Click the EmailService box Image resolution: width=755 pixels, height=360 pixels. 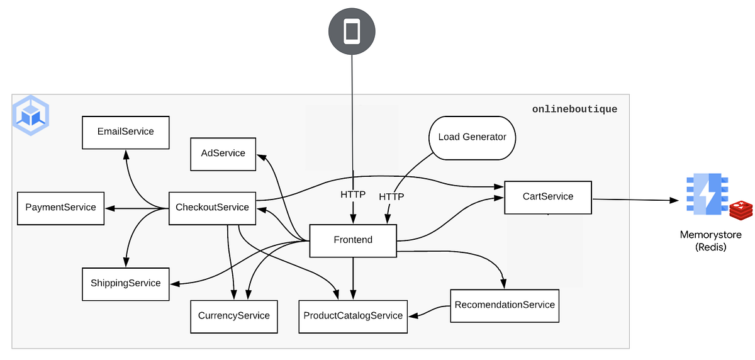click(126, 132)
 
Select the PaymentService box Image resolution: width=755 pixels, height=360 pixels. click(60, 208)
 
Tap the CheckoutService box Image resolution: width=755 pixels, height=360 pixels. click(212, 208)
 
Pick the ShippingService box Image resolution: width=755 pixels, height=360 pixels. click(126, 283)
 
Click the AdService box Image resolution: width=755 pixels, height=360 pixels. click(223, 154)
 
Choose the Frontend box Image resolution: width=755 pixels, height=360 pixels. click(353, 240)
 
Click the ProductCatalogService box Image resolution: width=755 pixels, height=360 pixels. click(353, 316)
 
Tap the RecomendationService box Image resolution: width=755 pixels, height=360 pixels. click(505, 305)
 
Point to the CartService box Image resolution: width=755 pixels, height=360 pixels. click(548, 197)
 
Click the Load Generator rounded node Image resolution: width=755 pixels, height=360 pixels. click(472, 137)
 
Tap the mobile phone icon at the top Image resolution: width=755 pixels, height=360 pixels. click(352, 31)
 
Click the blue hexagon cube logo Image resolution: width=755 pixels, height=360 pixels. click(31, 116)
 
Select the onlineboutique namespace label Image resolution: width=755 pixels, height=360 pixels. click(574, 110)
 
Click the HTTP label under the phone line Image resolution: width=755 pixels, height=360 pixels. click(353, 195)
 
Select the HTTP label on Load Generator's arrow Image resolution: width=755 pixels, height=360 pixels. click(391, 197)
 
